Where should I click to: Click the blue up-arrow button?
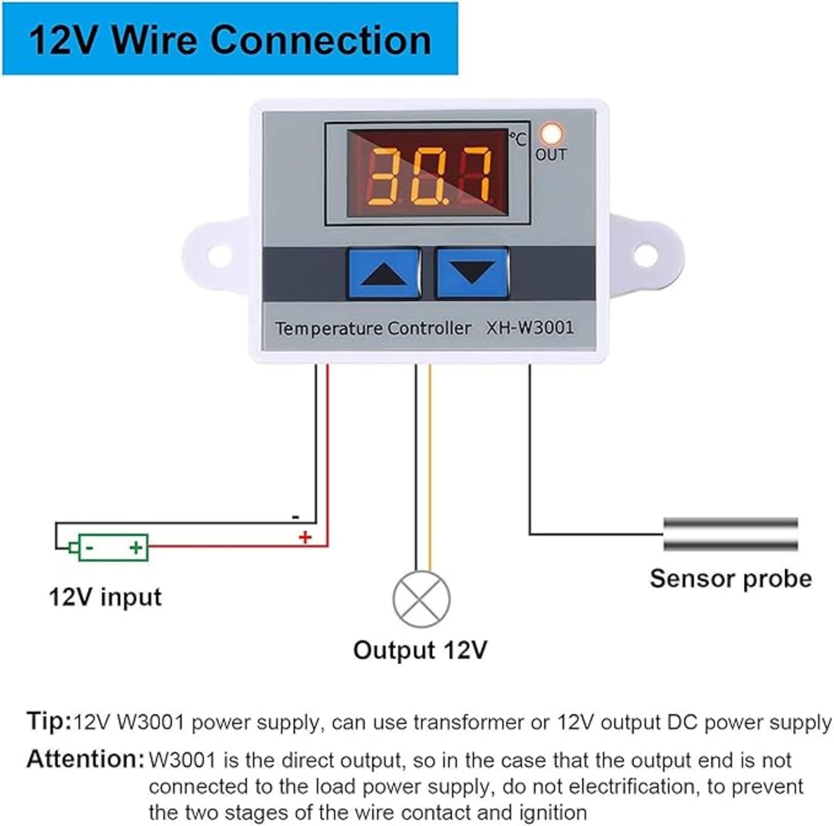[384, 273]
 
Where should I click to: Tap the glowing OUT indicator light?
[552, 134]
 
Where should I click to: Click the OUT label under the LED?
[551, 155]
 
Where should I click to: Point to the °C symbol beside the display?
[517, 139]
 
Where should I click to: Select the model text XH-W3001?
[530, 327]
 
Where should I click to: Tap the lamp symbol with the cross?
[421, 600]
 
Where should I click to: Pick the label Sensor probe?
[730, 579]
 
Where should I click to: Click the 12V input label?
[105, 597]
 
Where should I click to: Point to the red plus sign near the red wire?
[305, 538]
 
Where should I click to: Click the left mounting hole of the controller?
[219, 256]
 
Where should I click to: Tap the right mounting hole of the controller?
[646, 255]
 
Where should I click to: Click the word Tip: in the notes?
[49, 721]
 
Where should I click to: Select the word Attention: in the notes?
[85, 760]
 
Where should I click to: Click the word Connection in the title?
[322, 40]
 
